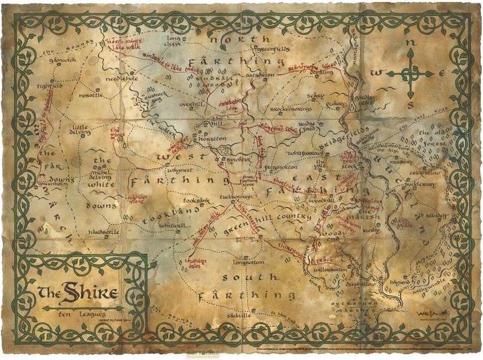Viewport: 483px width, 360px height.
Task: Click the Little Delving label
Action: coord(80,129)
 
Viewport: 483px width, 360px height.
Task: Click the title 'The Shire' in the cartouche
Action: coord(79,293)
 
